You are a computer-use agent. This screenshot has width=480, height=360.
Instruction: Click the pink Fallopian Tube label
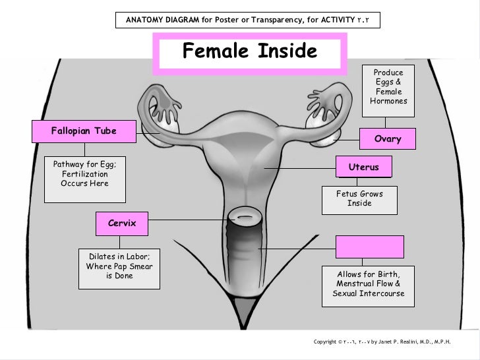click(83, 131)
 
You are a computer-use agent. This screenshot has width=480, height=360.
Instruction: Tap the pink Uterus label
click(363, 167)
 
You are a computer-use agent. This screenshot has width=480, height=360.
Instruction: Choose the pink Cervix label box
click(121, 224)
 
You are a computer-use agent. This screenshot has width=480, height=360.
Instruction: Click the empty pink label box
click(367, 246)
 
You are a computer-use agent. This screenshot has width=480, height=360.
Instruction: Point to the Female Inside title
click(249, 51)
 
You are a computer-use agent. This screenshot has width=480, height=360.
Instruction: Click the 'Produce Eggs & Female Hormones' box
click(388, 87)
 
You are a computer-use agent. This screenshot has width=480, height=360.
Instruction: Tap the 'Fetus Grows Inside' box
click(359, 198)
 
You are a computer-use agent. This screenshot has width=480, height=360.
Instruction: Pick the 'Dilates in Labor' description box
click(119, 266)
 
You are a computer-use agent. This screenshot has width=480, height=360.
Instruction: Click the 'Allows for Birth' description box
click(369, 284)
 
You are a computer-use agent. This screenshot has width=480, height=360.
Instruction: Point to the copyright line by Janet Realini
click(382, 342)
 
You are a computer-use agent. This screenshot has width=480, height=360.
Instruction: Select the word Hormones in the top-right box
click(389, 102)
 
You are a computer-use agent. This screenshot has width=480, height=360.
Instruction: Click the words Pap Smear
click(135, 266)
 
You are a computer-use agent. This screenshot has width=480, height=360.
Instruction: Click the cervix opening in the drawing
click(245, 216)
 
